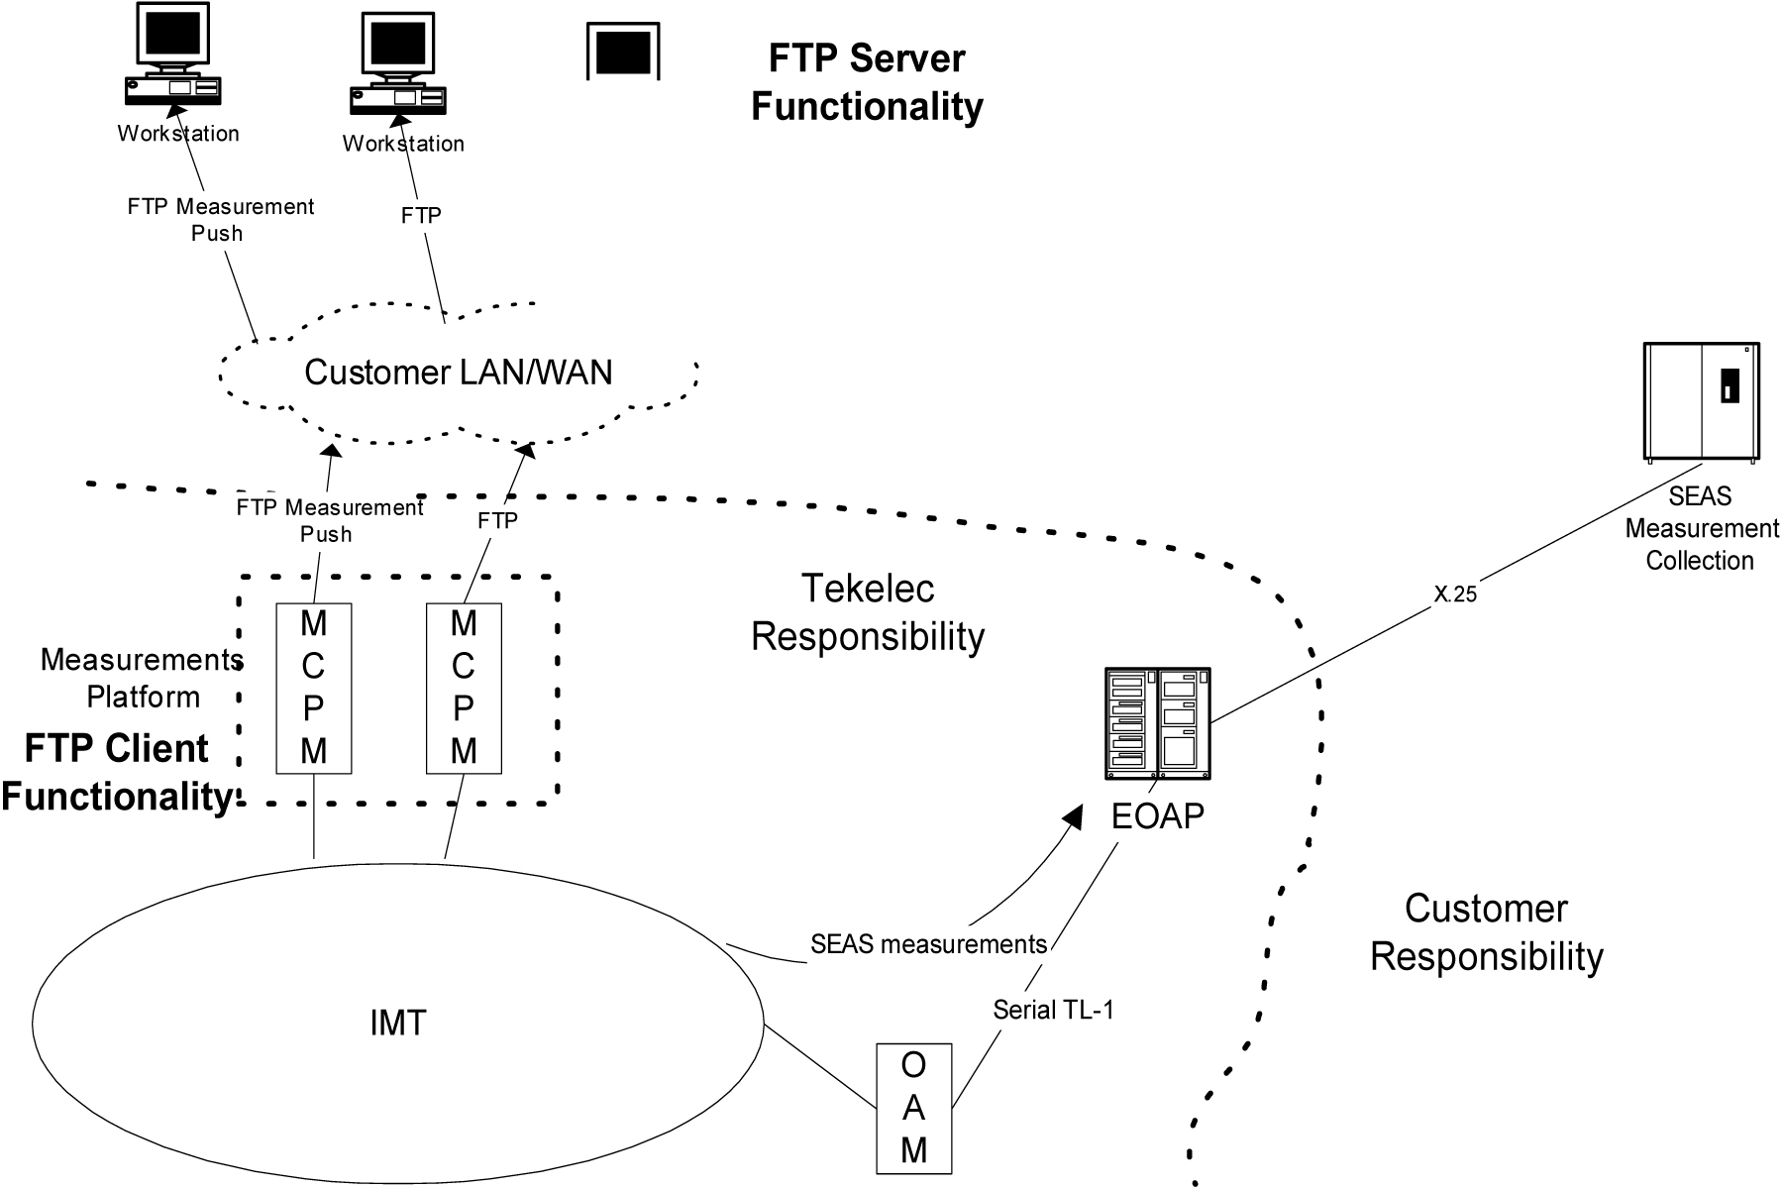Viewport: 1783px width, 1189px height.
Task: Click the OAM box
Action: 913,1108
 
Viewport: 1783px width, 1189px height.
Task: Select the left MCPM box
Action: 314,688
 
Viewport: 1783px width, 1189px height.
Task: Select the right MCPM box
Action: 464,688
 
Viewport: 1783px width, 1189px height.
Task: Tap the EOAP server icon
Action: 1157,723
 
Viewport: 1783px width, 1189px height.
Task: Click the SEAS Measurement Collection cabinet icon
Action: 1702,401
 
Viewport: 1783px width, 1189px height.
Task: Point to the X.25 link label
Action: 1455,594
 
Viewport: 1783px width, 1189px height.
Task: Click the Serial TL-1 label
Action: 1053,1010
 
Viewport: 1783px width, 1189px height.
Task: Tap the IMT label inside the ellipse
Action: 398,1023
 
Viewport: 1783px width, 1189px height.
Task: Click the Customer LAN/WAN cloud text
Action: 458,373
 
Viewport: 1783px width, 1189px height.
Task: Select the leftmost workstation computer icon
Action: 172,54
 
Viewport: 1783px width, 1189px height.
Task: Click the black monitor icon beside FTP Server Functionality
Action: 623,53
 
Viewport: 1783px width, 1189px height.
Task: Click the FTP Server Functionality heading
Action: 867,82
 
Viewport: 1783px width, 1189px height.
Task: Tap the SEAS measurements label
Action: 928,944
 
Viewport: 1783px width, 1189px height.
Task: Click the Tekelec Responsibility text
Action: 868,612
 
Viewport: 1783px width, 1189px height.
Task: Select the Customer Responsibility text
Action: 1486,932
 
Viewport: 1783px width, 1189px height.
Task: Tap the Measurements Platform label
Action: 142,678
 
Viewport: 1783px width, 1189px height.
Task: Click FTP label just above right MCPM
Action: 497,521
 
